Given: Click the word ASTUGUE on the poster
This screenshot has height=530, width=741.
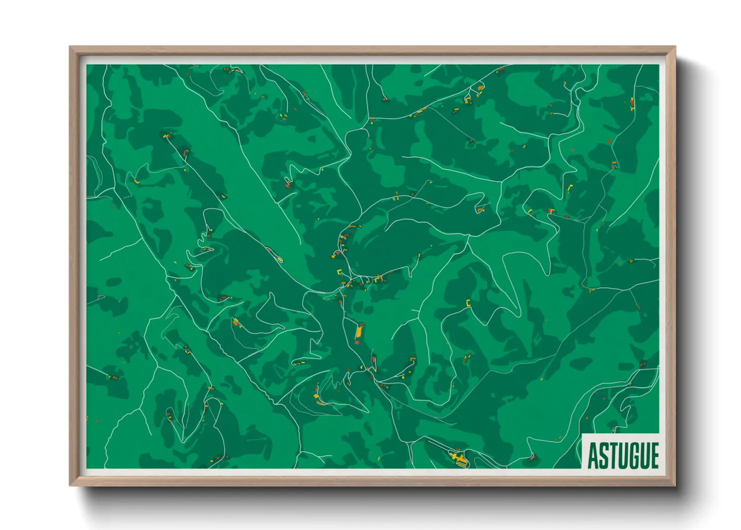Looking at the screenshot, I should click(623, 455).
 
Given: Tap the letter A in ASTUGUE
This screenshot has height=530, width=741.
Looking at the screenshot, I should click(593, 455).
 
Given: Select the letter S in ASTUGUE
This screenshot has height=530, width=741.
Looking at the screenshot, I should click(603, 455).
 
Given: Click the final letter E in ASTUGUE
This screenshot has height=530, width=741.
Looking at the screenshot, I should click(654, 455).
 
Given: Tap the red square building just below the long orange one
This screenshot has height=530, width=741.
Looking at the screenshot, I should click(357, 343).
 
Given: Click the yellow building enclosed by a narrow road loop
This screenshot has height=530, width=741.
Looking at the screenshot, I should click(279, 259).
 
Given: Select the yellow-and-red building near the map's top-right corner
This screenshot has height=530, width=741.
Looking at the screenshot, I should click(631, 104).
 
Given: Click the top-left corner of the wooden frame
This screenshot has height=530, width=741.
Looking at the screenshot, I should click(70, 47).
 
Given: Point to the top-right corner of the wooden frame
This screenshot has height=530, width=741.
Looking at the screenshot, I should click(675, 47).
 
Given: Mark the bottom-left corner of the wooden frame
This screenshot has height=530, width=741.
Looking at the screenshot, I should click(70, 485).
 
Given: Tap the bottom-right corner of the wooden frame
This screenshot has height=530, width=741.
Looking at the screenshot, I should click(675, 485).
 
